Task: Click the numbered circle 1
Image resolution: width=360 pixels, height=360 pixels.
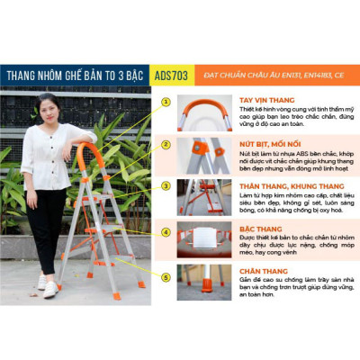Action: [x=166, y=102]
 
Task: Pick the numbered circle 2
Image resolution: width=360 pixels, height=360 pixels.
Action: [x=166, y=143]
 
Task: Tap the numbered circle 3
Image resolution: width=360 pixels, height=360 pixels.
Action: [x=166, y=185]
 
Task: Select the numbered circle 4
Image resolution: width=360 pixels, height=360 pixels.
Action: [x=166, y=231]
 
